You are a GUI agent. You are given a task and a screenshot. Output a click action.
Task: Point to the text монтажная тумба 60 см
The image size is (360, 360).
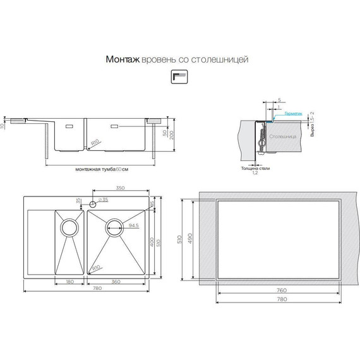[x=101, y=169]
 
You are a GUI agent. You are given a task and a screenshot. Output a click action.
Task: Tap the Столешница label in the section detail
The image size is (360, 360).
[x=280, y=135]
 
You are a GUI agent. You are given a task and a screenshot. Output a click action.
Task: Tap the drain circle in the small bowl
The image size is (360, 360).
[x=69, y=226]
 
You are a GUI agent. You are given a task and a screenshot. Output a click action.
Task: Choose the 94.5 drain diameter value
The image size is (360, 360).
[x=133, y=225]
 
